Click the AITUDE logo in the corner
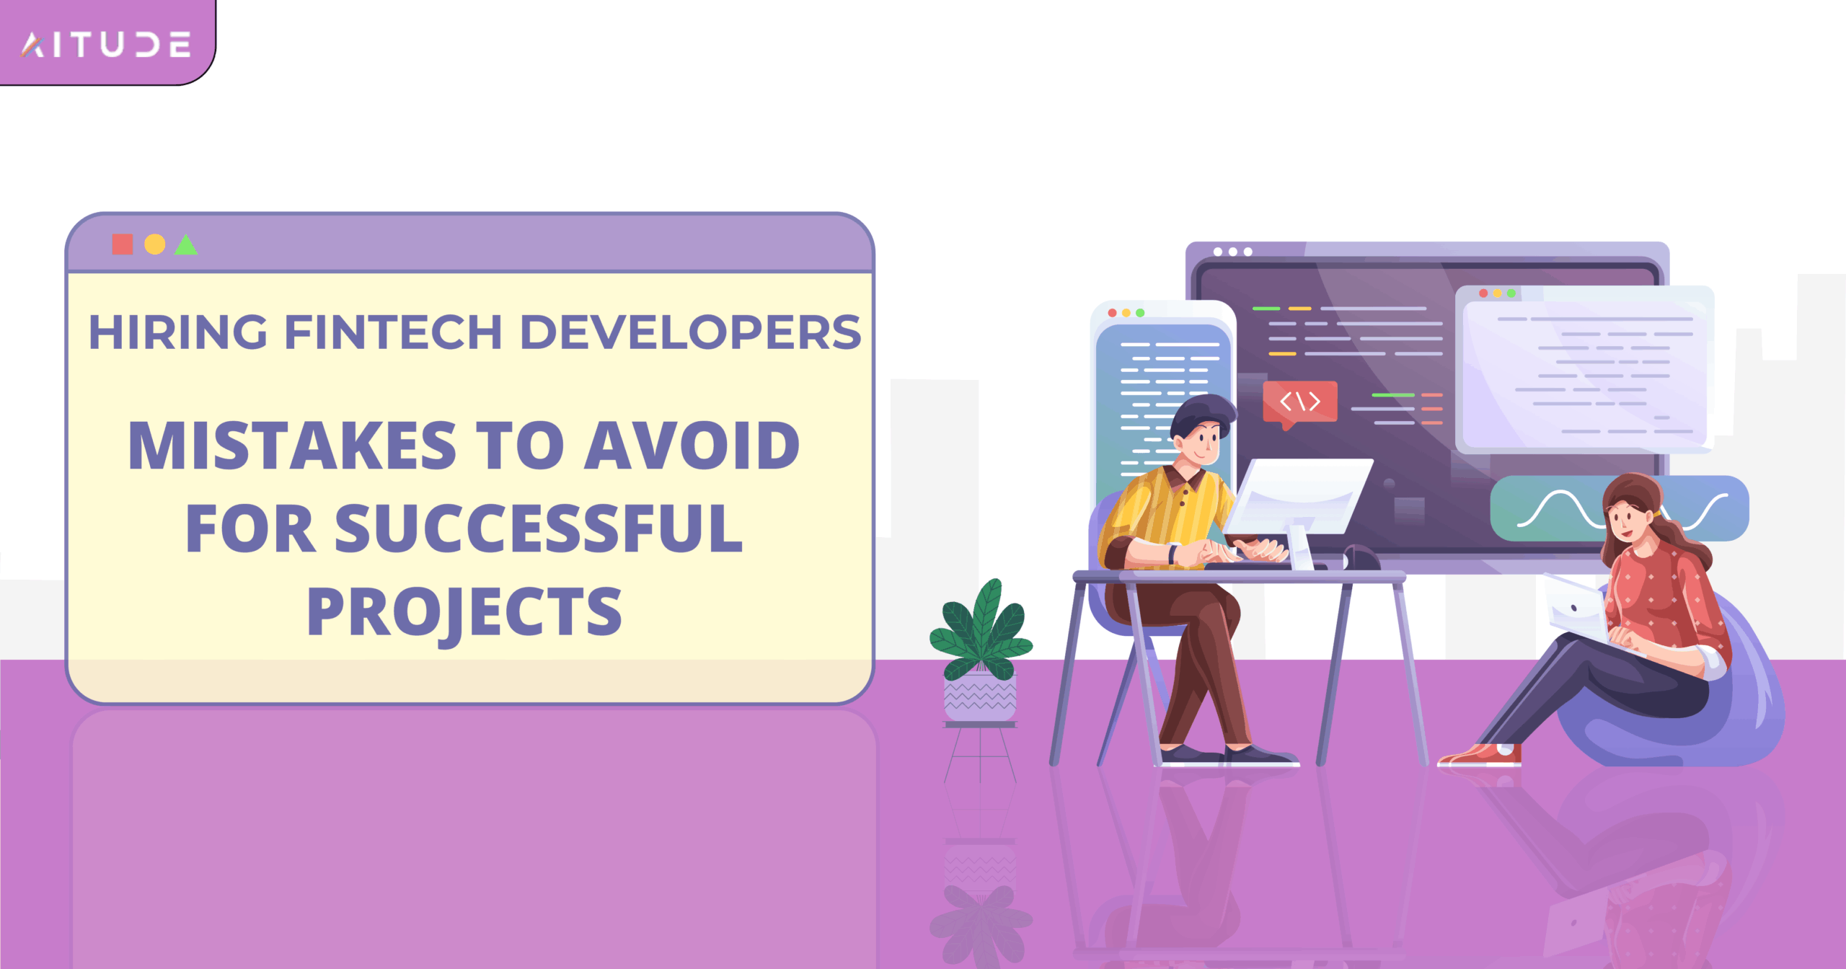click(106, 45)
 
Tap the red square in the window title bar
click(122, 244)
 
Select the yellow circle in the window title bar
click(154, 244)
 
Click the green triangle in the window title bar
click(185, 246)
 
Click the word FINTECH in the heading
click(393, 332)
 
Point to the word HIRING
click(177, 332)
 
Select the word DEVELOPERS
click(690, 332)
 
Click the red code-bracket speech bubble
click(1299, 402)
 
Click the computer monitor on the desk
click(1298, 497)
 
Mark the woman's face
click(1623, 520)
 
